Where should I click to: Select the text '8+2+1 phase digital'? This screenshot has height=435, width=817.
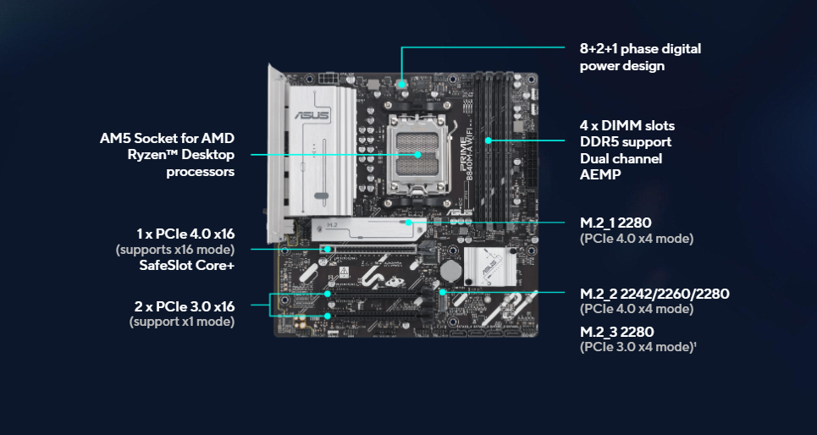click(640, 49)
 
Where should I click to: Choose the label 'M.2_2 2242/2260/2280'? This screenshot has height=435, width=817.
click(654, 294)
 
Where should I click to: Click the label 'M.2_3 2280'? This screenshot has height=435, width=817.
click(616, 331)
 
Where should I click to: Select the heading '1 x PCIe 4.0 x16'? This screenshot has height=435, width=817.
click(185, 233)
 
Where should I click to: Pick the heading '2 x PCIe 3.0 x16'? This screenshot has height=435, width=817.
click(185, 306)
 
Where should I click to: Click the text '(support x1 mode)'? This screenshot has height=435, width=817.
click(182, 322)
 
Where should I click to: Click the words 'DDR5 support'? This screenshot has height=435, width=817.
click(626, 141)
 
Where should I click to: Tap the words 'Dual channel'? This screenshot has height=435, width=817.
click(621, 158)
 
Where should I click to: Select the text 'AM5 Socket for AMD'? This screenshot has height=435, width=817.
click(167, 138)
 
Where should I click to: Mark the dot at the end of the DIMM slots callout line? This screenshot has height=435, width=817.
click(489, 140)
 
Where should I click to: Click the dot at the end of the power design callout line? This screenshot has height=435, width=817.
click(402, 82)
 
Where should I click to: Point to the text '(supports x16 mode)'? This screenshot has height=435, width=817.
click(174, 250)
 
